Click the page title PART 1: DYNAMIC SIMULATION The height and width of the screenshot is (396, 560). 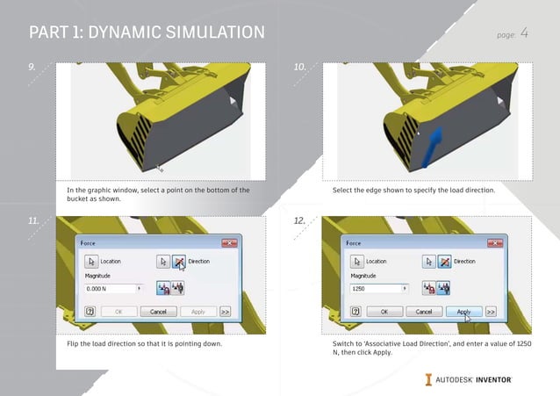click(x=147, y=33)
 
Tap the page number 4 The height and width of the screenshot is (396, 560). click(x=524, y=33)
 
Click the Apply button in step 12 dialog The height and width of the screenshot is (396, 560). click(x=464, y=312)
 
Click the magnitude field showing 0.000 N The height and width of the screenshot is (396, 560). click(x=111, y=288)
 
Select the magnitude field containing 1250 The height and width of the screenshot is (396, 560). click(x=377, y=288)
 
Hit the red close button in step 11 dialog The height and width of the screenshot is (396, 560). click(x=229, y=242)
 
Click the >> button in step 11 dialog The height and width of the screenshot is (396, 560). click(x=226, y=312)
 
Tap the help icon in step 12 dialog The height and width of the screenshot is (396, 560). click(x=355, y=312)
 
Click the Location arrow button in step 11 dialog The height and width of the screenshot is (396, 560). click(x=90, y=262)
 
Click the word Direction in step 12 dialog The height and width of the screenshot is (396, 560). click(x=464, y=262)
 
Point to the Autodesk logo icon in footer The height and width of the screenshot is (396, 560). click(x=427, y=379)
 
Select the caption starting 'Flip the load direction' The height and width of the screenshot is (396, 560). click(x=144, y=343)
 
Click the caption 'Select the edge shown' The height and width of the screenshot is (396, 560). click(x=413, y=191)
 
